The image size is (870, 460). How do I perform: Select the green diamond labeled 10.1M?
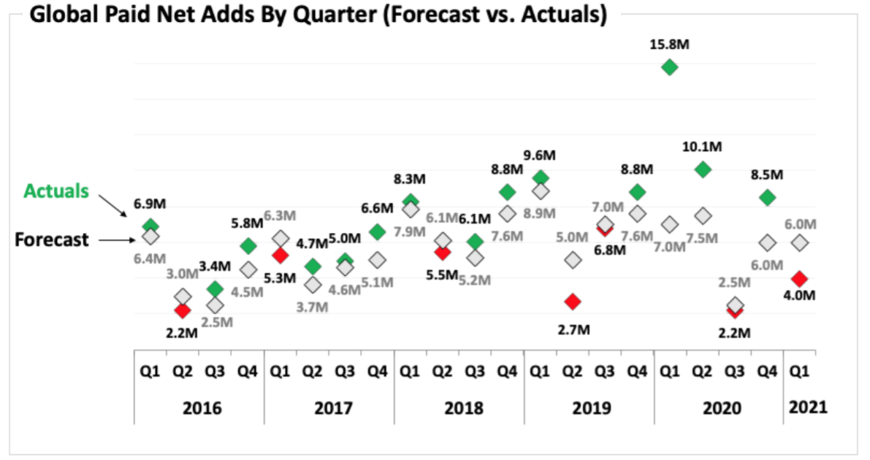click(703, 169)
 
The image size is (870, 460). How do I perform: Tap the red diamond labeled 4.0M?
click(800, 279)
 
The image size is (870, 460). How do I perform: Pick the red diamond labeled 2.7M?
click(573, 302)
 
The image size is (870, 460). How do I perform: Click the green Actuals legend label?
click(56, 191)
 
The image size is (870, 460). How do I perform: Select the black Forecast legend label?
click(53, 239)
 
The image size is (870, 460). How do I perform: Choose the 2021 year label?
click(808, 407)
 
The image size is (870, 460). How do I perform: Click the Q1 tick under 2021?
click(800, 372)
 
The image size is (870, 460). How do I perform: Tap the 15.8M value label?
click(670, 45)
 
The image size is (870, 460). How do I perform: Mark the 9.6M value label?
click(540, 156)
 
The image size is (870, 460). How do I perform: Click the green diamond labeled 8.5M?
click(767, 197)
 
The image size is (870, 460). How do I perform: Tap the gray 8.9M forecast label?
click(540, 213)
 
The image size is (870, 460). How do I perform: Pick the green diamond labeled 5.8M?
click(248, 245)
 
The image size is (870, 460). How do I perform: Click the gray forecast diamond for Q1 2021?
click(800, 242)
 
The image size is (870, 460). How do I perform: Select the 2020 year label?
click(721, 407)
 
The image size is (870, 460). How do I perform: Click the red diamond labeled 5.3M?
click(280, 255)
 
